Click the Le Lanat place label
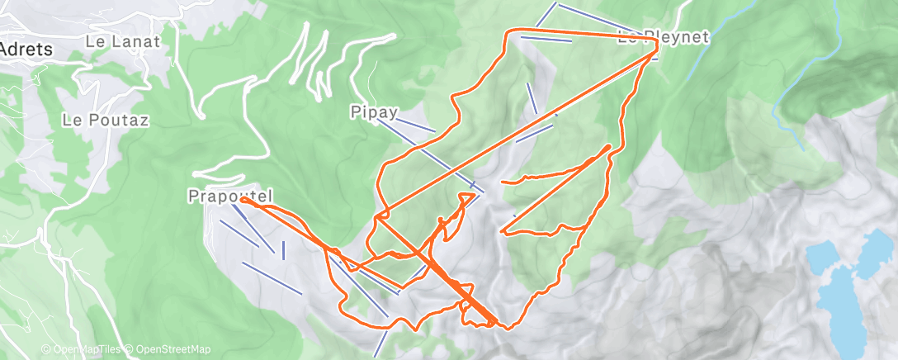[122, 40]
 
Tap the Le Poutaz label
[106, 120]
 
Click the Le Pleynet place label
[663, 36]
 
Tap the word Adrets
[26, 50]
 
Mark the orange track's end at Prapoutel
[243, 200]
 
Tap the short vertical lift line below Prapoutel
[283, 249]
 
